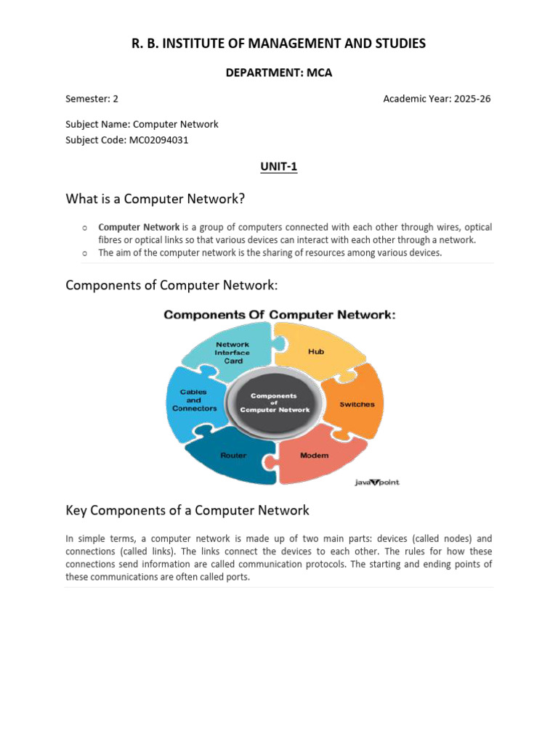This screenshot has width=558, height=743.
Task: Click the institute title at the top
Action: click(x=278, y=44)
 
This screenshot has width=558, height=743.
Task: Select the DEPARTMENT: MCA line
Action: click(x=278, y=73)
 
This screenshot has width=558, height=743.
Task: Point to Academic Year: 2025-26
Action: click(x=437, y=99)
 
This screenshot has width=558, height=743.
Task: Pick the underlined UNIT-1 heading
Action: click(x=279, y=167)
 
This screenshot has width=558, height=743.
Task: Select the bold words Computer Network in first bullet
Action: click(x=139, y=227)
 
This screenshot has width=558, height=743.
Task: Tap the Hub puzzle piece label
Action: click(x=316, y=351)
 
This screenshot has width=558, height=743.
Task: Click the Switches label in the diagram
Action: click(x=357, y=404)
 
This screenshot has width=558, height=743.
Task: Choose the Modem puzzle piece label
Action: click(x=314, y=456)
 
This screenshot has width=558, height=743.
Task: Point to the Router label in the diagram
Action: click(x=233, y=456)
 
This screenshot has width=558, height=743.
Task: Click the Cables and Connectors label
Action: click(x=194, y=400)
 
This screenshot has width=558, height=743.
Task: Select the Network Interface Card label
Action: click(x=232, y=353)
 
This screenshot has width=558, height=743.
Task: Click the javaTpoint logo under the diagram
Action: click(x=376, y=483)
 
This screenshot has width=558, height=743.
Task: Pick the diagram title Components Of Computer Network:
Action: click(x=279, y=315)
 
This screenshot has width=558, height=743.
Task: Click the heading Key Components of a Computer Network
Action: click(x=187, y=510)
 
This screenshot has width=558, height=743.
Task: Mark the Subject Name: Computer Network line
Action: click(x=142, y=124)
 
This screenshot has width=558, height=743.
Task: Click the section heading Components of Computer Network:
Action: click(x=171, y=285)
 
